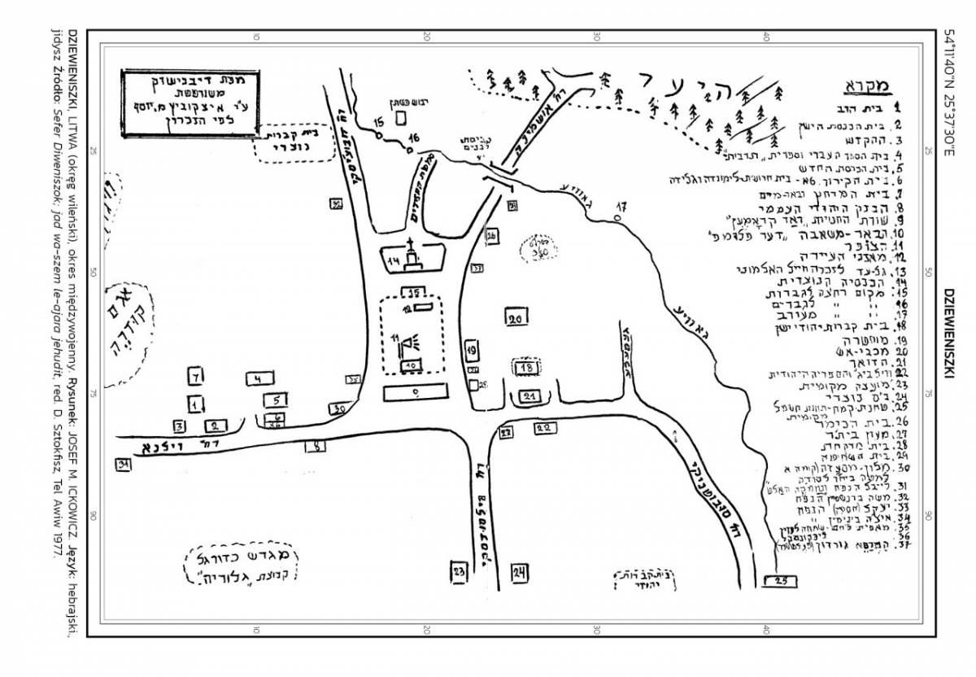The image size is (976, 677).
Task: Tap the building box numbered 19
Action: pyautogui.click(x=472, y=351)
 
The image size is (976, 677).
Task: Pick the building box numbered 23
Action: pyautogui.click(x=460, y=571)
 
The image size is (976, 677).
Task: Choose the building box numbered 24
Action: pyautogui.click(x=520, y=571)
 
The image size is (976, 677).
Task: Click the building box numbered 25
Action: pyautogui.click(x=782, y=580)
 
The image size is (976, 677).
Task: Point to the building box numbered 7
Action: pyautogui.click(x=195, y=377)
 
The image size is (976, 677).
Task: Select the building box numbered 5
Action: pyautogui.click(x=277, y=400)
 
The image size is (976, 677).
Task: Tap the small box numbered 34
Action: pyautogui.click(x=124, y=465)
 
